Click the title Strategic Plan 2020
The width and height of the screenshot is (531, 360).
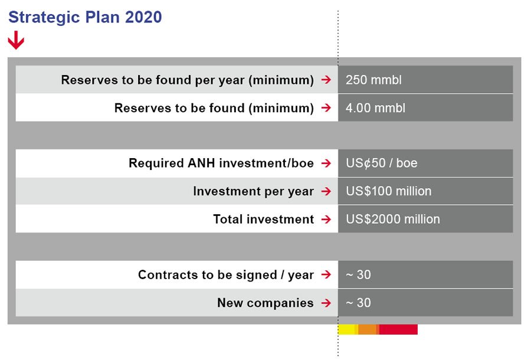[x=85, y=18]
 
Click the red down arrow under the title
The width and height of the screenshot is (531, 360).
[x=16, y=41]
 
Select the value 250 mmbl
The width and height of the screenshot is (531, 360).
[x=373, y=80]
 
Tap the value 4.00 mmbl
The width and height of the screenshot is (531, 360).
[x=375, y=108]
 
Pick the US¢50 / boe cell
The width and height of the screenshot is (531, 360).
[x=381, y=163]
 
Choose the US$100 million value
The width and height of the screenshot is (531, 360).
[x=388, y=191]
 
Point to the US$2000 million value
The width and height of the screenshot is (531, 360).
[x=392, y=219]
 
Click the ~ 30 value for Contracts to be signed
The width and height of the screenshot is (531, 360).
[x=358, y=274]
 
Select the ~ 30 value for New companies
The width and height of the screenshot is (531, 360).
[x=358, y=303]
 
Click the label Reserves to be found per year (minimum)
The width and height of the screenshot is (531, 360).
[x=187, y=80]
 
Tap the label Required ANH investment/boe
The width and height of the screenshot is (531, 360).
[x=221, y=163]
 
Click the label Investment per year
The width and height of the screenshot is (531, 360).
[x=253, y=191]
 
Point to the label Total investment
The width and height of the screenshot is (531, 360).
[x=263, y=219]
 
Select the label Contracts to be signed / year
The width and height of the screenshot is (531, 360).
[x=225, y=274]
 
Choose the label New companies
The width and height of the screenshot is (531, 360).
[x=265, y=303]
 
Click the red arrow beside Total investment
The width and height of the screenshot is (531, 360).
[x=326, y=220]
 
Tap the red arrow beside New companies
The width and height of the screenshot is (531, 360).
[x=326, y=303]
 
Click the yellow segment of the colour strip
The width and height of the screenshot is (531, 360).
[x=347, y=329]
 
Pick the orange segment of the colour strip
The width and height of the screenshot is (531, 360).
[x=368, y=329]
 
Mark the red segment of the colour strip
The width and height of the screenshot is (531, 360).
[x=398, y=329]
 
